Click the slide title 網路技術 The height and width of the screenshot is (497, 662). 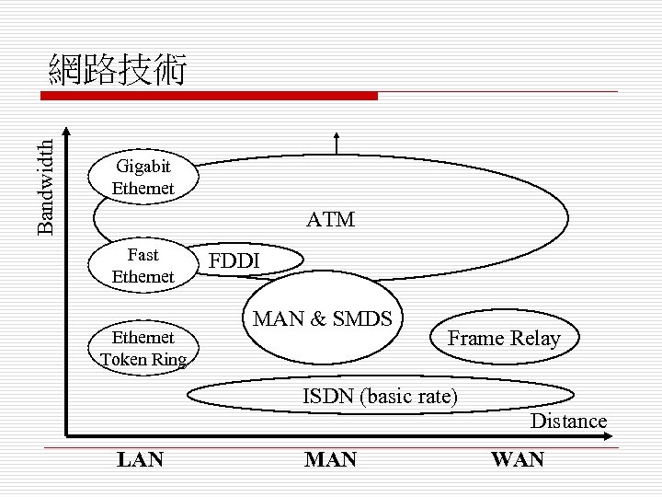(x=119, y=70)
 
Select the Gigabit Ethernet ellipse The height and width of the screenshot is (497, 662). (x=143, y=177)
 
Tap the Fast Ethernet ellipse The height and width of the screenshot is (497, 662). (x=143, y=265)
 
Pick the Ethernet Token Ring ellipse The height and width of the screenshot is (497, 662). (x=143, y=348)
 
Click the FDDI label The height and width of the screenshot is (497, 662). (x=235, y=260)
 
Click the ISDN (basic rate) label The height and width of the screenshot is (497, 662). (x=381, y=397)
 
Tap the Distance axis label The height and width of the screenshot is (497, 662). (x=568, y=422)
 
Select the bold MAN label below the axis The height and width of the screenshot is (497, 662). (x=330, y=459)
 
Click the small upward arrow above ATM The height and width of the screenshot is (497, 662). (x=337, y=142)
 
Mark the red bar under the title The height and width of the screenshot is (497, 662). (x=212, y=95)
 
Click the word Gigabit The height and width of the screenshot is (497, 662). (x=142, y=167)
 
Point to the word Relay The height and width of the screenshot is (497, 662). (x=536, y=338)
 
